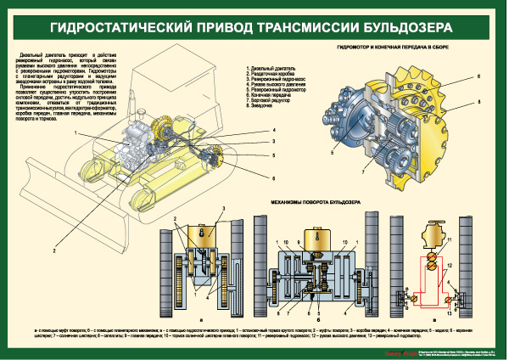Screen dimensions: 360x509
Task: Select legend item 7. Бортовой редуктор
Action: pyautogui.click(x=271, y=100)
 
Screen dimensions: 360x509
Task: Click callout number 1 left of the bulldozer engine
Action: pyautogui.click(x=76, y=134)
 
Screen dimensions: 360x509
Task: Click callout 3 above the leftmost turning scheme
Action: pyautogui.click(x=224, y=209)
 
